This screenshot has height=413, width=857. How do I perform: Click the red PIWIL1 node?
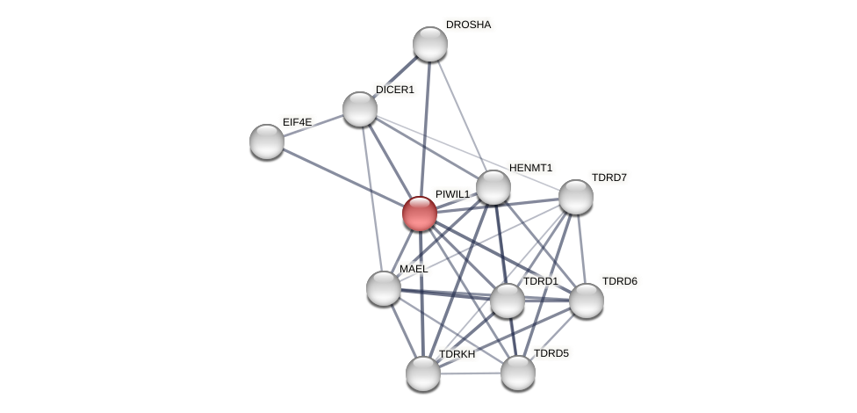tap(420, 214)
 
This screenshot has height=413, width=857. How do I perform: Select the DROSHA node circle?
tap(430, 44)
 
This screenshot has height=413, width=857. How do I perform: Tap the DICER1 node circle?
tap(360, 109)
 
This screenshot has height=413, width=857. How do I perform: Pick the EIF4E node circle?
tap(267, 141)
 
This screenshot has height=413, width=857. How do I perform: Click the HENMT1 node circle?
tap(493, 187)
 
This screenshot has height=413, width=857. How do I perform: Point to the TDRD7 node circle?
tap(576, 197)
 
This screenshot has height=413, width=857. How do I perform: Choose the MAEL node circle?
tap(384, 288)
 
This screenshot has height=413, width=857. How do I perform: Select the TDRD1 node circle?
tap(508, 301)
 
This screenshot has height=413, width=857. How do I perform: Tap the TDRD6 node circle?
tap(587, 301)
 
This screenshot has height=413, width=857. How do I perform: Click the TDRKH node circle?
tap(423, 373)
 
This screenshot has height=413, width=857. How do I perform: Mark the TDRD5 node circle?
tap(518, 373)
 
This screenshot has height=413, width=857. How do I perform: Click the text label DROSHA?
tap(468, 25)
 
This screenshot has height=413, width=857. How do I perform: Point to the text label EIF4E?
tap(297, 122)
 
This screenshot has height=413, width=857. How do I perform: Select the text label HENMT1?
tap(530, 168)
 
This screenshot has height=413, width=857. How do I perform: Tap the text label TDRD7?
tap(609, 178)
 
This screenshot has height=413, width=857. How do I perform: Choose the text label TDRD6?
tap(619, 281)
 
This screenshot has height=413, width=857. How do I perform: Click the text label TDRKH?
tap(457, 354)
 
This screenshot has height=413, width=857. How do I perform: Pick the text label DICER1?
tap(394, 90)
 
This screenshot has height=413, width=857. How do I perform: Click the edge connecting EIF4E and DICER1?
tap(313, 125)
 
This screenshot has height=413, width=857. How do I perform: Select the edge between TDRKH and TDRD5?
tap(471, 373)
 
